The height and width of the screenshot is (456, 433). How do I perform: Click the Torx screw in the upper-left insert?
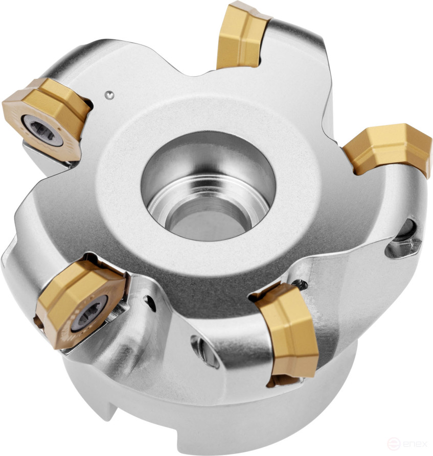(x=37, y=126)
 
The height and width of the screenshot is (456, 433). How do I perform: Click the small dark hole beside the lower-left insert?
(x=151, y=304)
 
